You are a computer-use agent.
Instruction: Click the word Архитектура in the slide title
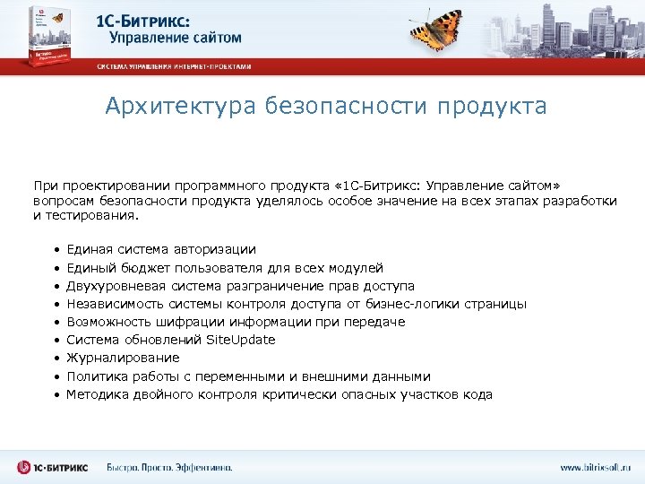click(x=179, y=107)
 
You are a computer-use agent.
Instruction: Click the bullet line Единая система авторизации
click(x=161, y=249)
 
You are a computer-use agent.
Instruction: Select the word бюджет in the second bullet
click(x=138, y=267)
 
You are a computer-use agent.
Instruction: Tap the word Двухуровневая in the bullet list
click(x=108, y=286)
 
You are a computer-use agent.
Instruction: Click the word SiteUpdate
click(x=241, y=340)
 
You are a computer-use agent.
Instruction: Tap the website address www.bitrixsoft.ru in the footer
click(x=596, y=467)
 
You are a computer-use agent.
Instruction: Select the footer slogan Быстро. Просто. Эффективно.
click(x=169, y=467)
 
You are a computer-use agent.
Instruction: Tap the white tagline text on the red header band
click(x=175, y=66)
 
